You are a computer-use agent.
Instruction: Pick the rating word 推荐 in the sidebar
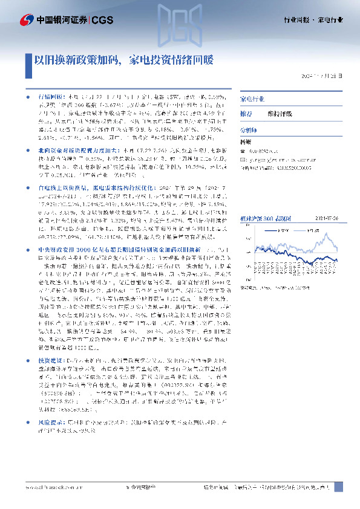246,113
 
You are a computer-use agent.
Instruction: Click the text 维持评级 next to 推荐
279,113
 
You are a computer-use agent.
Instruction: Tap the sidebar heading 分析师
249,129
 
